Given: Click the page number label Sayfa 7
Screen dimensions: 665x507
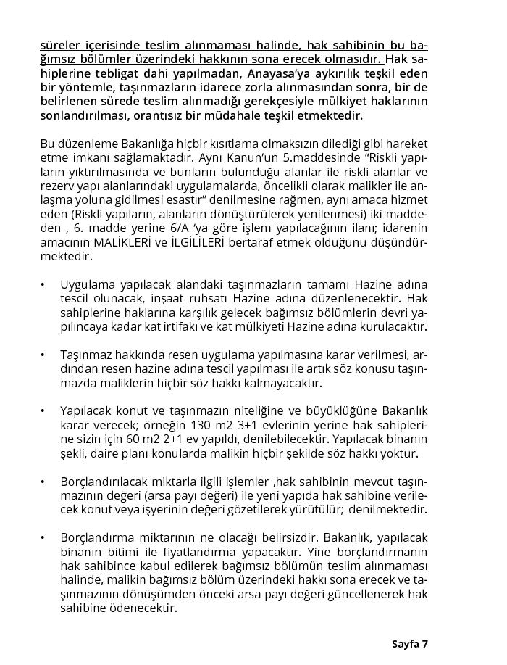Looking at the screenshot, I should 410,644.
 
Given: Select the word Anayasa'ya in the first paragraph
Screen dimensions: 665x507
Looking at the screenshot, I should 272,73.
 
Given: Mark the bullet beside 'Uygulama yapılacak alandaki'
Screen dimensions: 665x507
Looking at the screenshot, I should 43,284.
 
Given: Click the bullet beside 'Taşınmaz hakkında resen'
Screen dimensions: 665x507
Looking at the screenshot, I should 43,355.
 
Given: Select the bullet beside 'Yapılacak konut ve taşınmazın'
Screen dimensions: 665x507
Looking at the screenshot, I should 43,411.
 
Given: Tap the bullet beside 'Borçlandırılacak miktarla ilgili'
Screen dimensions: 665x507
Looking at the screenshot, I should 43,482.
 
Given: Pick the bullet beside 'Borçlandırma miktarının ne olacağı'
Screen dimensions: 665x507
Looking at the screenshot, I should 43,538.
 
